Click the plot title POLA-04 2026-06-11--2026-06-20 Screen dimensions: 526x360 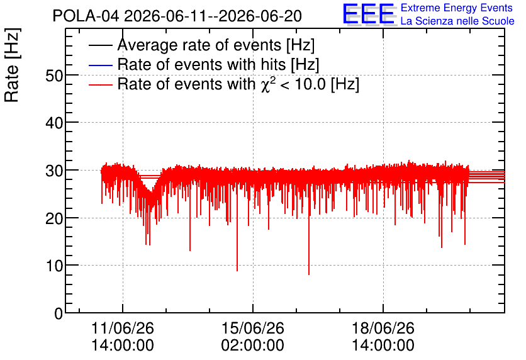[177, 16]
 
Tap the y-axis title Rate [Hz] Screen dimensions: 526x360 [12, 65]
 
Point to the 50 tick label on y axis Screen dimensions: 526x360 [54, 76]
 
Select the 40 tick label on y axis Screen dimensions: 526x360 [54, 123]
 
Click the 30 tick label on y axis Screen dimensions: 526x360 [54, 171]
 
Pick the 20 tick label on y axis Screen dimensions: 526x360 [54, 218]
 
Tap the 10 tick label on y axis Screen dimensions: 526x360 [54, 266]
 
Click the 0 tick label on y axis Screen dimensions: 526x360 [59, 313]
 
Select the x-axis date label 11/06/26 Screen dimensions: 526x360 [123, 328]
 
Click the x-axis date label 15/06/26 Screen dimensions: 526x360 [252, 328]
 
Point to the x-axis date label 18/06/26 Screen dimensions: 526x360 [383, 328]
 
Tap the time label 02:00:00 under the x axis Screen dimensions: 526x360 [252, 346]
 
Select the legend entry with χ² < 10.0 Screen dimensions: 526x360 [238, 84]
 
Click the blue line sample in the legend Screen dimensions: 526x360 [100, 65]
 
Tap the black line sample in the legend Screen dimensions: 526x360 [100, 45]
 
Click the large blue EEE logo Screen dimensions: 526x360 [369, 14]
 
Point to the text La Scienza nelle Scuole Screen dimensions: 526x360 [457, 21]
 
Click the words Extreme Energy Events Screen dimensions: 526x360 [457, 8]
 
